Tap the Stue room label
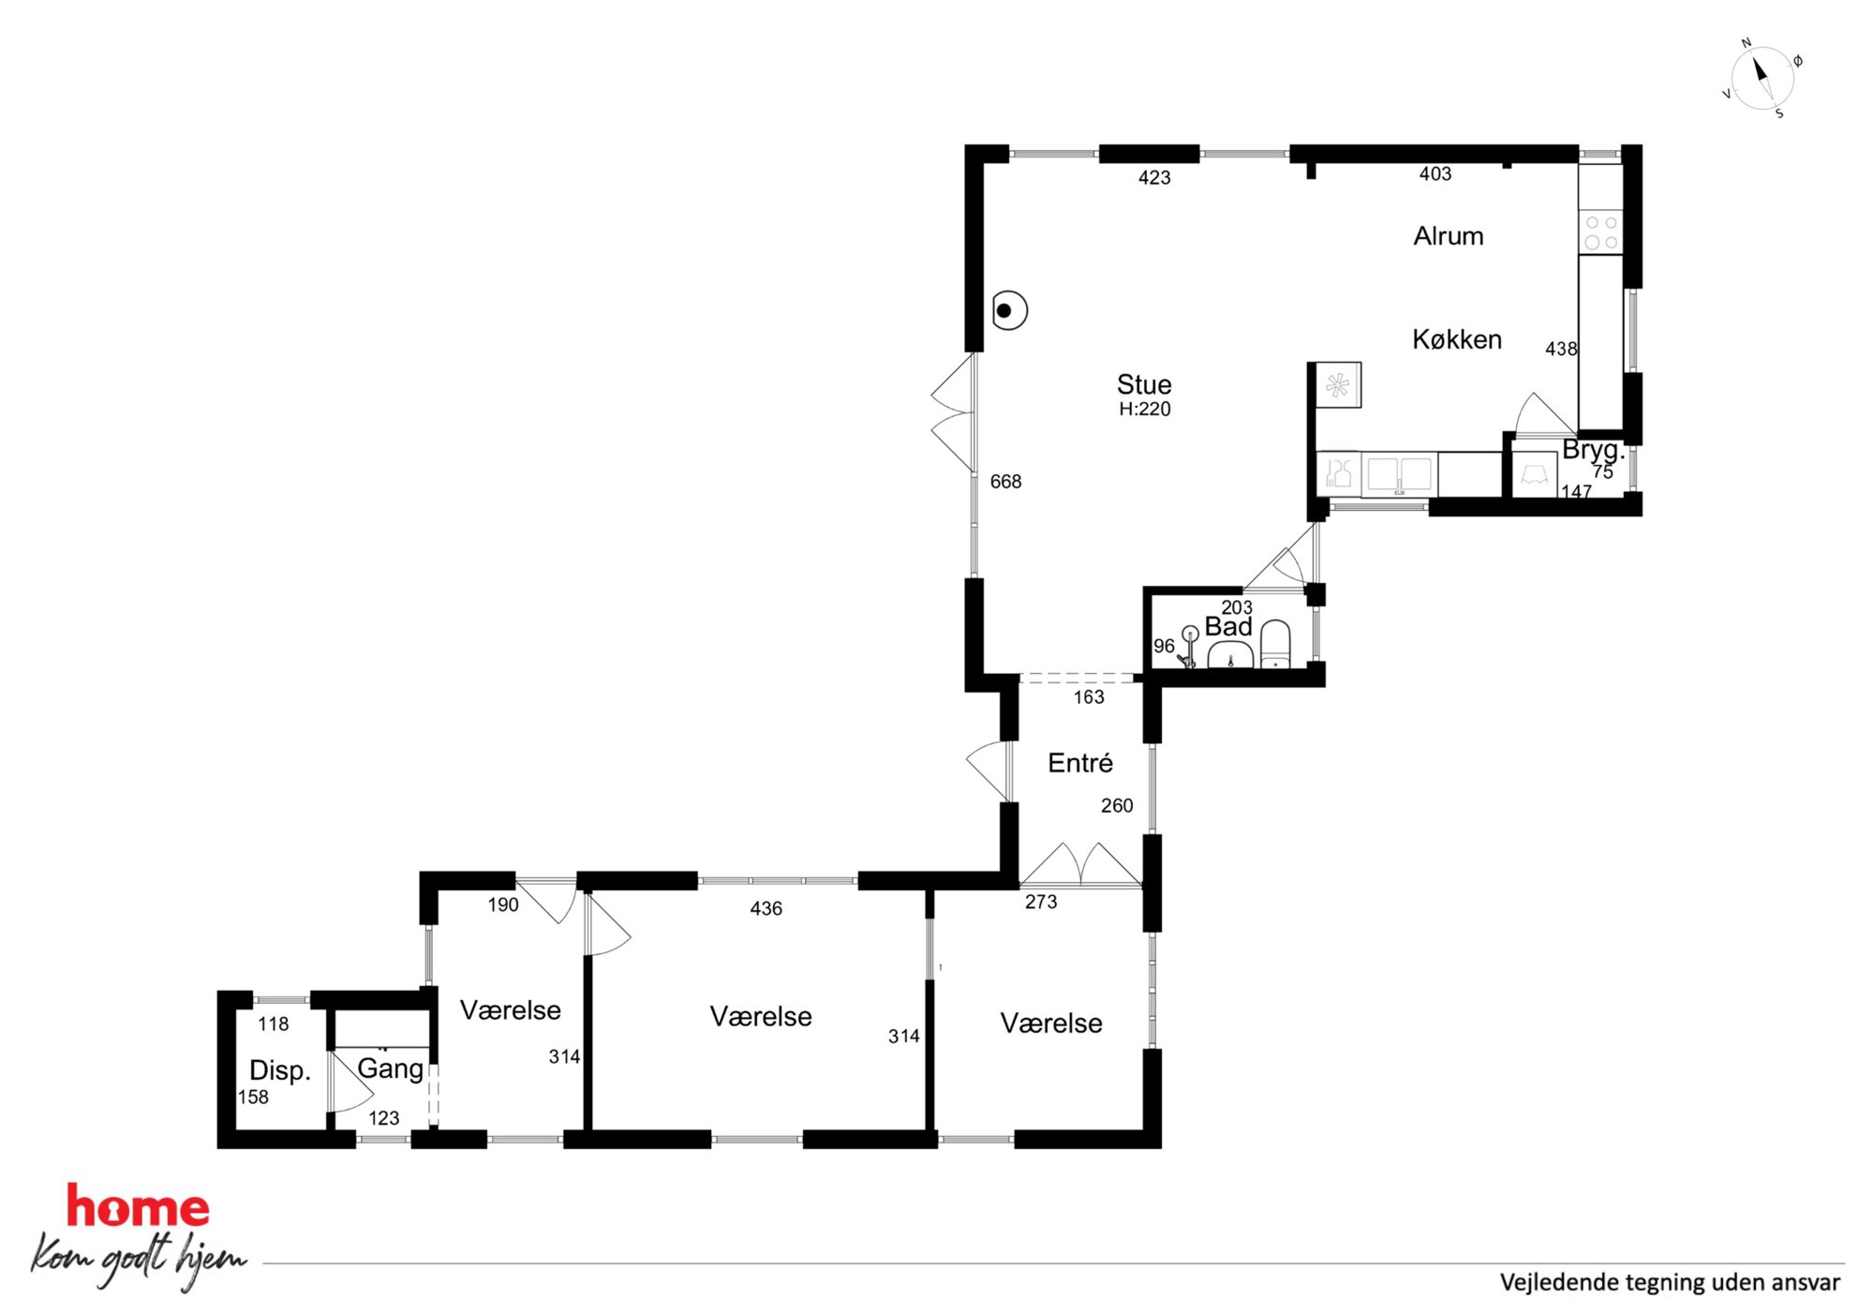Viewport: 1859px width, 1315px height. (x=1143, y=384)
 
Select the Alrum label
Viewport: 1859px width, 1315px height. (x=1448, y=236)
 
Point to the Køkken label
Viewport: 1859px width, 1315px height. (x=1457, y=339)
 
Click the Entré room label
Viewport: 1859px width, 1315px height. (x=1079, y=763)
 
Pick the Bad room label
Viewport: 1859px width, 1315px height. (x=1227, y=626)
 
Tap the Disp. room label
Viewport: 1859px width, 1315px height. (x=279, y=1070)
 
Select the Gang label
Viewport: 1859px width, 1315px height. (x=391, y=1068)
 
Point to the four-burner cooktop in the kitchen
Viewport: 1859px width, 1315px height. (x=1600, y=232)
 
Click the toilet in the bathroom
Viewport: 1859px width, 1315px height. (x=1275, y=644)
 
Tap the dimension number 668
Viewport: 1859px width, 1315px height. (x=1005, y=482)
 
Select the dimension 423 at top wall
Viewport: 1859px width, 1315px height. (x=1154, y=178)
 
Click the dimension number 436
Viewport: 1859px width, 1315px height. (x=766, y=908)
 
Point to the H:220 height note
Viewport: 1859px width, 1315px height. (x=1144, y=409)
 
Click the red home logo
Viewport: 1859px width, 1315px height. (x=138, y=1207)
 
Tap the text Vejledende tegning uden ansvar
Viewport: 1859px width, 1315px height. (x=1670, y=1282)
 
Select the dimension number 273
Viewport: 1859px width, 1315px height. (x=1040, y=902)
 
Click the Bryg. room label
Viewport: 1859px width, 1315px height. (x=1593, y=450)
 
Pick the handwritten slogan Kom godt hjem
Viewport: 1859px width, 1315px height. (x=139, y=1260)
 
